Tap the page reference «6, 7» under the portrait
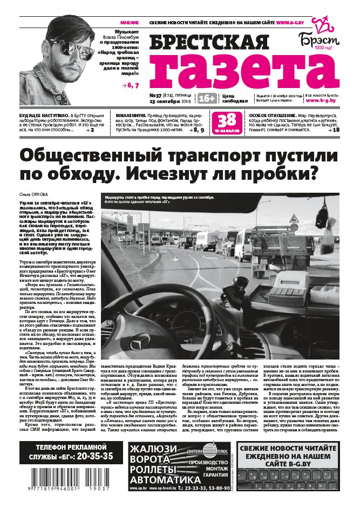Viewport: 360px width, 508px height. click(x=131, y=85)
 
